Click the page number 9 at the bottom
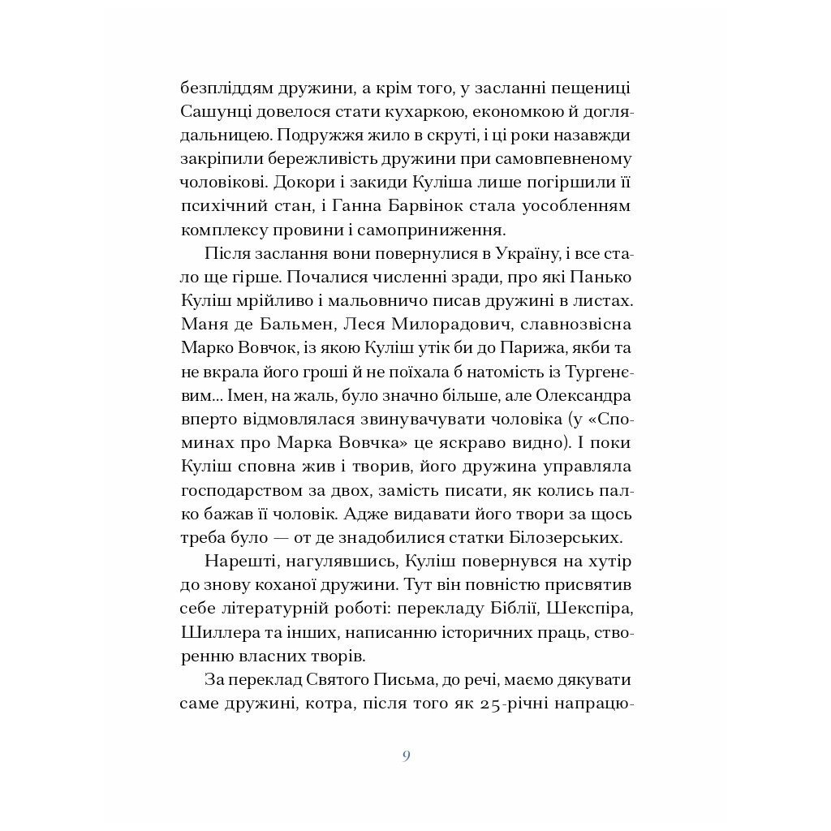point(406,756)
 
